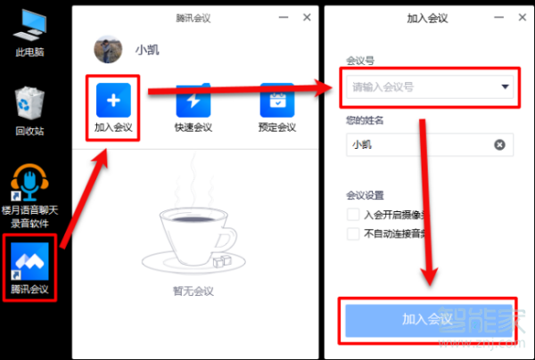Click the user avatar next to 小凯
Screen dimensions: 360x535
(108, 49)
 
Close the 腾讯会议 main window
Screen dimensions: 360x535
(307, 17)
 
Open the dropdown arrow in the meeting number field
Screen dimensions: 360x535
(505, 87)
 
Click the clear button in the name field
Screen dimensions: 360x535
(499, 144)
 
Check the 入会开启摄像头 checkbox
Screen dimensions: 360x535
(353, 215)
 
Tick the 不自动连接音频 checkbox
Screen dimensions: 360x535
(353, 233)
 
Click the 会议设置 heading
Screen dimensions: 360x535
(365, 195)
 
